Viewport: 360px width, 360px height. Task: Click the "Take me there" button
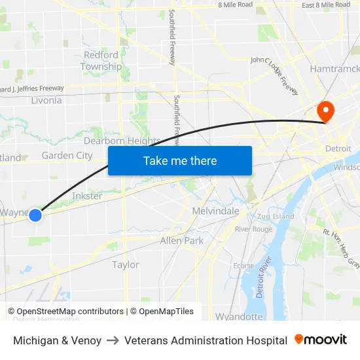tap(180, 161)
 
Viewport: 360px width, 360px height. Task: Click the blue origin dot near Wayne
tap(35, 215)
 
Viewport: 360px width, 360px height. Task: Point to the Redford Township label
tap(101, 61)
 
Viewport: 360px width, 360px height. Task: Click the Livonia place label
tap(46, 100)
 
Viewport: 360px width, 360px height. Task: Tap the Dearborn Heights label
tap(122, 141)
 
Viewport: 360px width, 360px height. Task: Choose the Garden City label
tap(67, 156)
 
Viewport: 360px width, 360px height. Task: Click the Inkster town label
tap(87, 196)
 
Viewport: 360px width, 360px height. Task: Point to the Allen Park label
tap(181, 241)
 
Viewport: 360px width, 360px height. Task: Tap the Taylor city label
tap(125, 264)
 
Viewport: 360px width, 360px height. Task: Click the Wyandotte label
tap(238, 317)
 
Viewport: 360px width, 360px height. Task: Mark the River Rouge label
tap(253, 229)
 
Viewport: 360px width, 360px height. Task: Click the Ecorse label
tap(243, 266)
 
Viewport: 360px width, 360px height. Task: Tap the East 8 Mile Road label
tap(326, 5)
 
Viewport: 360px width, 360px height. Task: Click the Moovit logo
tap(321, 340)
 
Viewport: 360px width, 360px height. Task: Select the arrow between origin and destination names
tap(113, 340)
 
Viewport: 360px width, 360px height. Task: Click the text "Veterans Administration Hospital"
tap(206, 340)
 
